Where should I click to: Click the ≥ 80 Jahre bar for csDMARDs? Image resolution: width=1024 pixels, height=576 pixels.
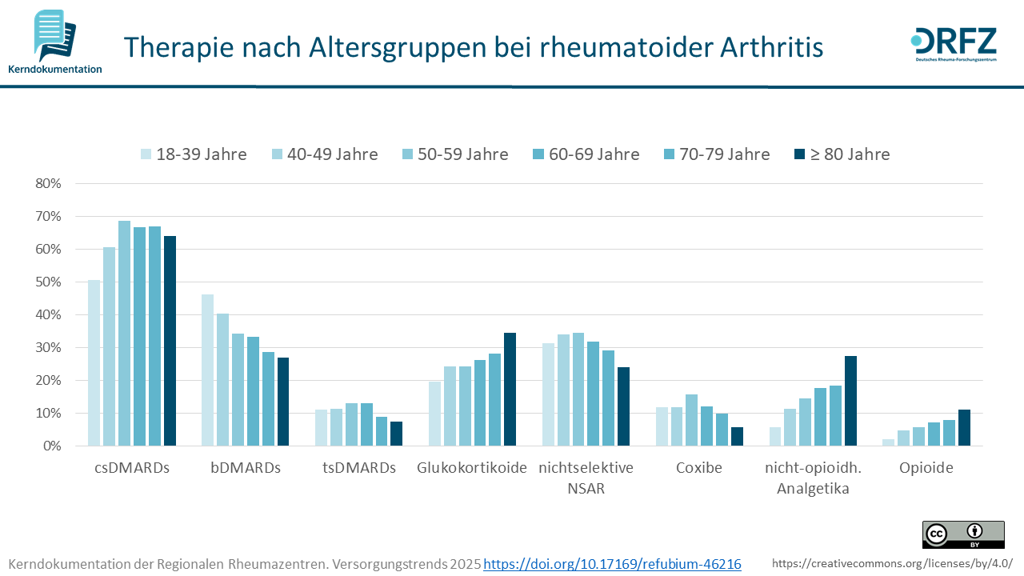170,341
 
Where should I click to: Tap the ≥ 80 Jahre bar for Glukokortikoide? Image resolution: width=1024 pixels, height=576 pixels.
510,389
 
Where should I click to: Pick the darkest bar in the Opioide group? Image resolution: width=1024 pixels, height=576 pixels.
964,427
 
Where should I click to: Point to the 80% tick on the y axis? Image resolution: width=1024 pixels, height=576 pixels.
49,183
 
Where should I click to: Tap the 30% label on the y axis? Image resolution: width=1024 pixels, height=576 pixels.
49,347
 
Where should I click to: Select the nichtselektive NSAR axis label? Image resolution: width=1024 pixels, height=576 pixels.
586,478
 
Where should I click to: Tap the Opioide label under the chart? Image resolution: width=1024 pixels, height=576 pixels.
926,468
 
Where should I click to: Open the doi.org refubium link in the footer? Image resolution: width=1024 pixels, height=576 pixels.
612,564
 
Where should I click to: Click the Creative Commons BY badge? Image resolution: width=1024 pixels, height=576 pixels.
963,534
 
